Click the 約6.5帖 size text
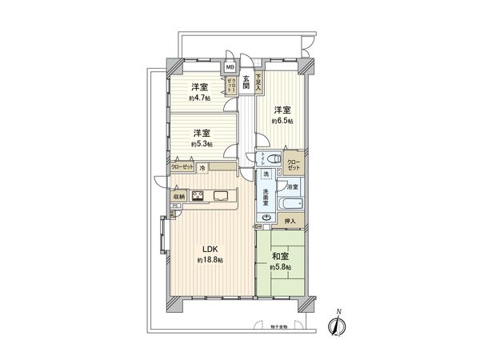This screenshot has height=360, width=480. [x=282, y=121]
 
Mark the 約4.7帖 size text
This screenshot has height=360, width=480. [x=200, y=98]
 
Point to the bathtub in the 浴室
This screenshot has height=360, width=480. [x=286, y=202]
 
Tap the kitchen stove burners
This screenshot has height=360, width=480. [x=198, y=196]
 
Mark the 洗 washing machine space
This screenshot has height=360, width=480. [x=264, y=174]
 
